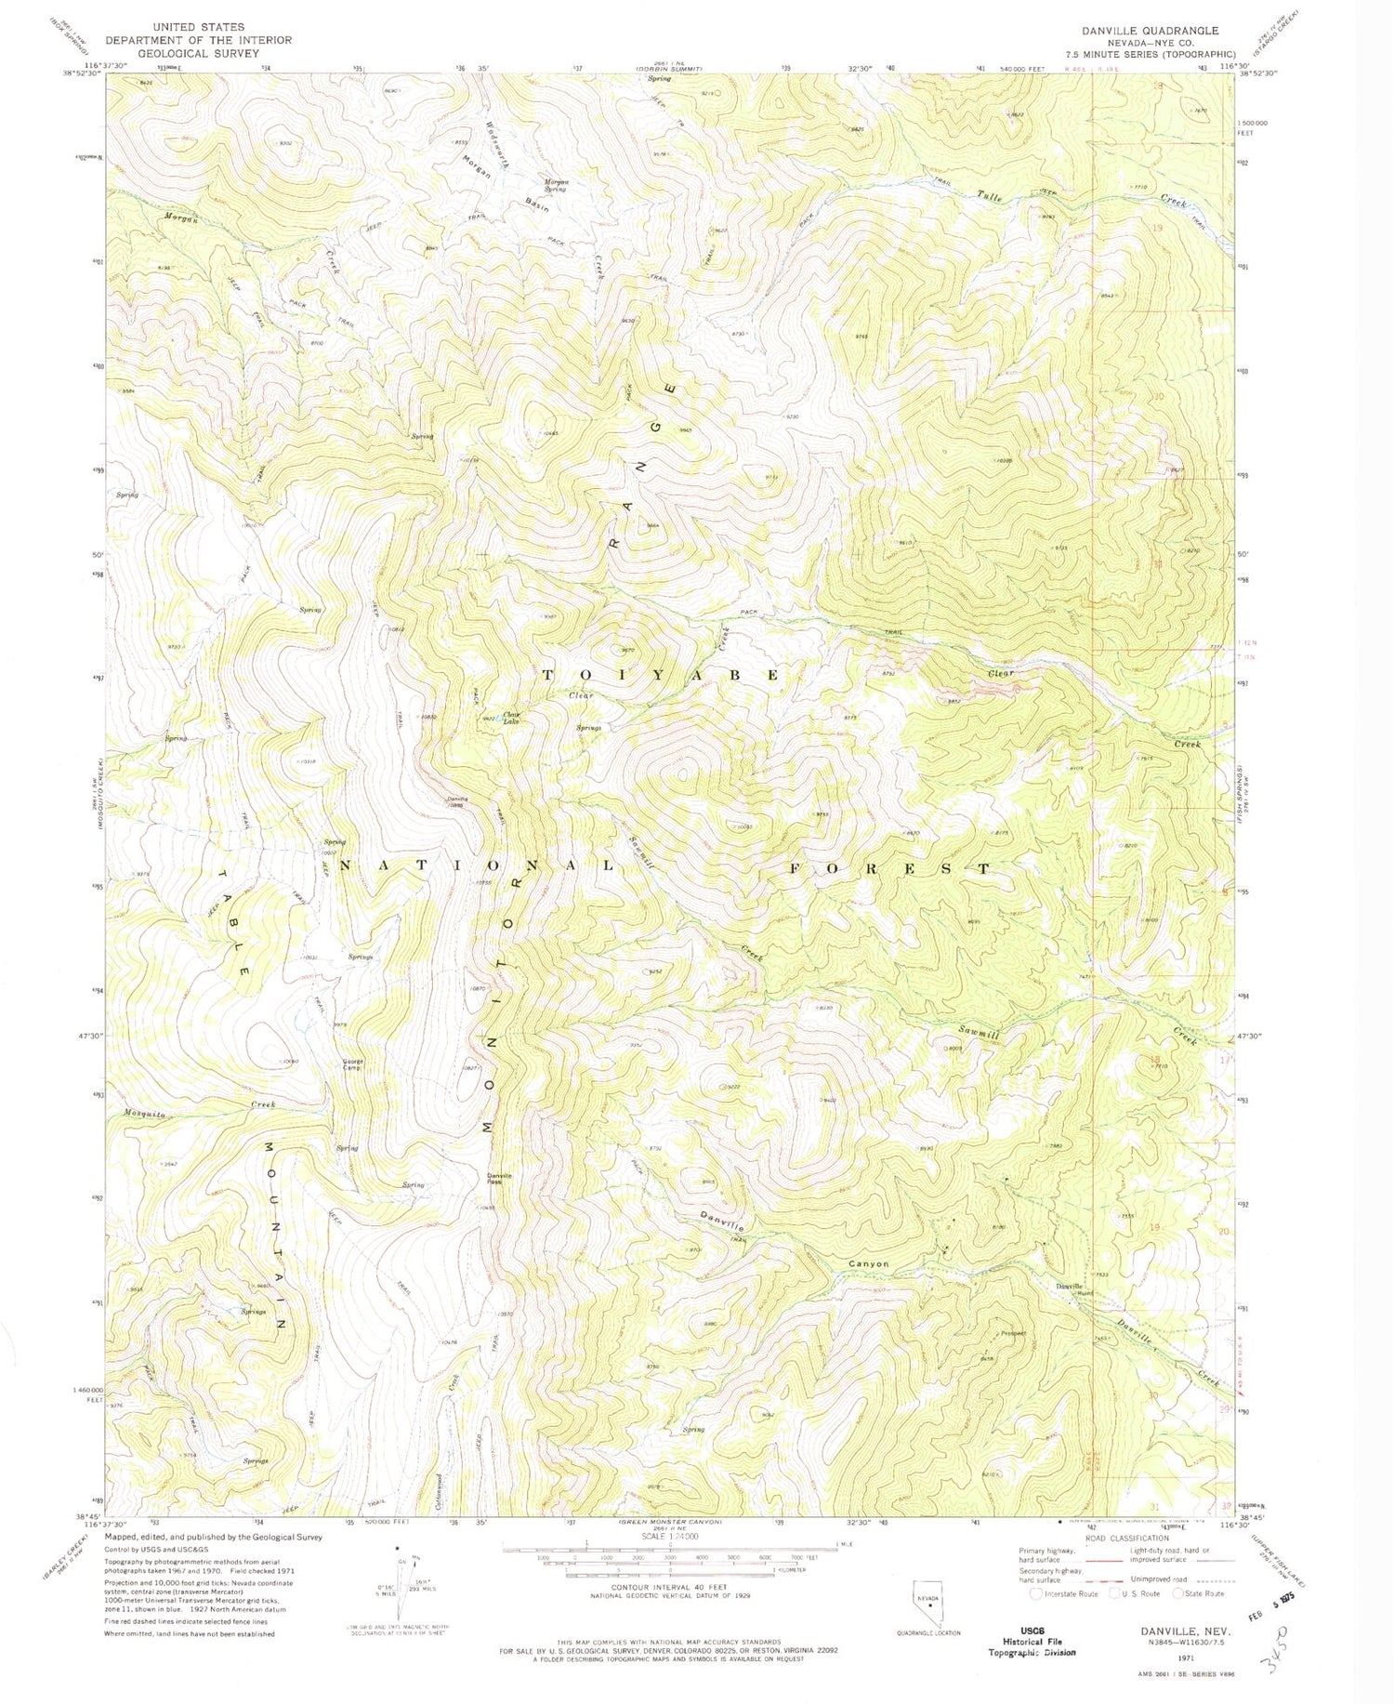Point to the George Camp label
tap(353, 1065)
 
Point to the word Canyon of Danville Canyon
tap(869, 1263)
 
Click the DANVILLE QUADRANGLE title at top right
tap(1156, 31)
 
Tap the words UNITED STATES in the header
tap(198, 28)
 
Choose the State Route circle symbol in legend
tap(1178, 1593)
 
